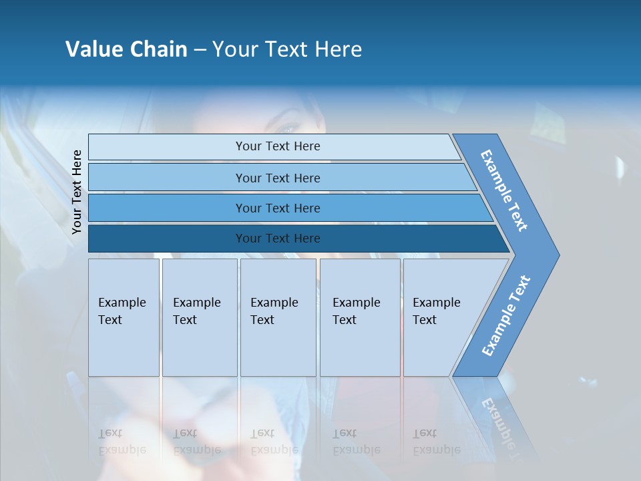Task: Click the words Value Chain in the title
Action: coord(126,49)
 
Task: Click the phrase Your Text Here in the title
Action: coord(287,49)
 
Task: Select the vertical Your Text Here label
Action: coord(77,192)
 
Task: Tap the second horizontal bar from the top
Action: coord(278,178)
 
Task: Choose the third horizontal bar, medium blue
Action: coord(278,208)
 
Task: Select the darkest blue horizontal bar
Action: coord(278,238)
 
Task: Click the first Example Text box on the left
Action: coord(124,317)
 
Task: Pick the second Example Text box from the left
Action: coord(199,317)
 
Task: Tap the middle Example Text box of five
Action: coord(277,317)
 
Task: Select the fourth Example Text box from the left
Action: coord(359,317)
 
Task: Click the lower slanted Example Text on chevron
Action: coord(506,315)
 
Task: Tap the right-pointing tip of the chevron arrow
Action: coord(556,255)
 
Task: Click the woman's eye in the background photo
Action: coord(289,129)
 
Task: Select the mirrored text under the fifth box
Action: coord(436,442)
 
